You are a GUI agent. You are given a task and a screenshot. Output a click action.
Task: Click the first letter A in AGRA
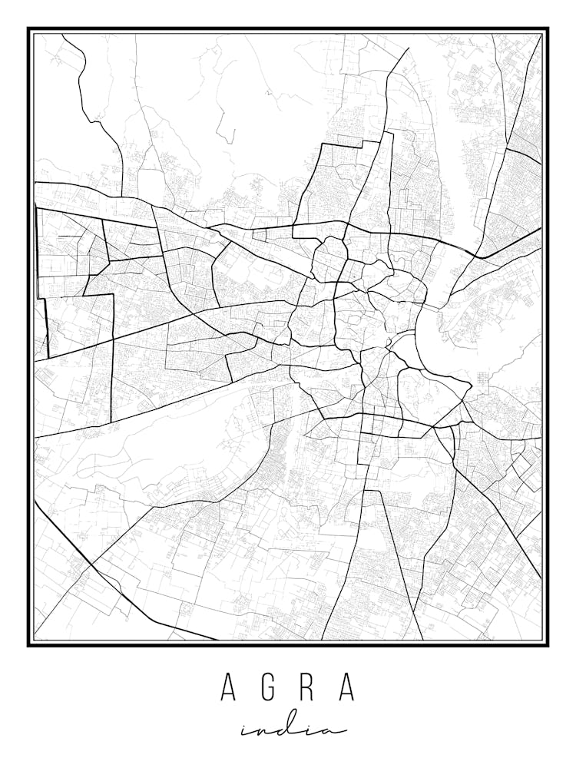pos(228,687)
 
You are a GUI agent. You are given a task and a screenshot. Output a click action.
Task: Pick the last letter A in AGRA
pos(347,687)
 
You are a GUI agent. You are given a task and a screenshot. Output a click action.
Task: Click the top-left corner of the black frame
pos(29,29)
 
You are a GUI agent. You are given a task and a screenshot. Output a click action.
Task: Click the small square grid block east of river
pos(483,379)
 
